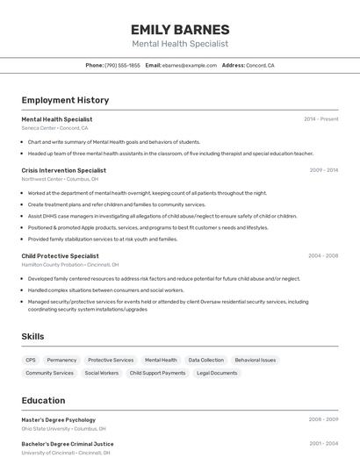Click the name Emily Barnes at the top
179,30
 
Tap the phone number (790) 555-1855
122,65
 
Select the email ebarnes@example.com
189,65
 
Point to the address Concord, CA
260,65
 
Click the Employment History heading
65,100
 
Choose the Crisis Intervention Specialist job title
63,170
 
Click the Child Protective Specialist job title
60,256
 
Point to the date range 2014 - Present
320,119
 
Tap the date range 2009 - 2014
323,170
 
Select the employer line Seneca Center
54,128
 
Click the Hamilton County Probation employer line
69,265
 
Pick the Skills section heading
32,336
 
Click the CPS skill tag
31,360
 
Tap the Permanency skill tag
61,360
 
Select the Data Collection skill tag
205,360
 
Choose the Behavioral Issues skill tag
255,360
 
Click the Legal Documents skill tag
217,373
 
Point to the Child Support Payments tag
157,373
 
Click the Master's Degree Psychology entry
58,419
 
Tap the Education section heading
43,400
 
